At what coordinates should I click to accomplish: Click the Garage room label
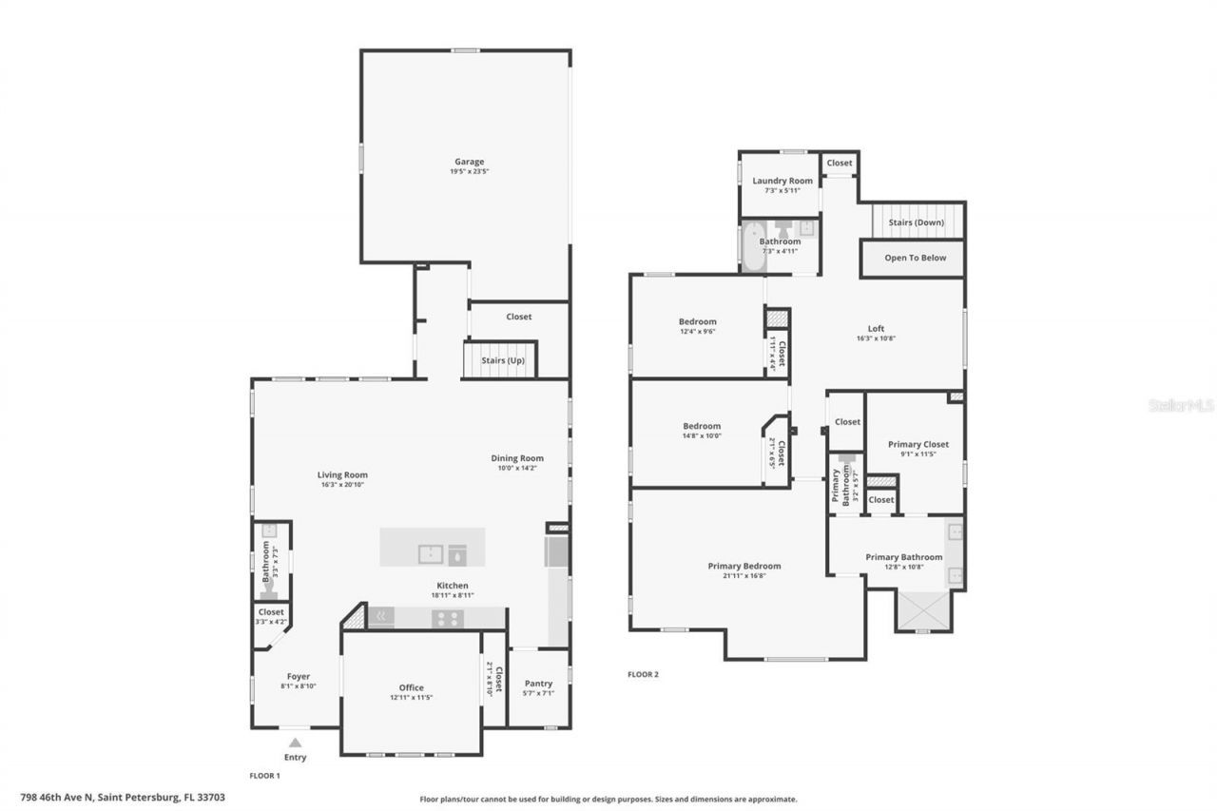[x=469, y=162]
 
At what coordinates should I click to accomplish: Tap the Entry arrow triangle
[x=296, y=743]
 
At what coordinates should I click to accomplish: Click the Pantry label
[x=538, y=684]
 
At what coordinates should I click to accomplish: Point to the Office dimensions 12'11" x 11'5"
[x=411, y=698]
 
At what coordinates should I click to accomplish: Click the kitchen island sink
[x=432, y=553]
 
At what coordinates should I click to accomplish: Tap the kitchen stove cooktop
[x=447, y=618]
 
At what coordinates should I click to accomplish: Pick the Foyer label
[x=299, y=677]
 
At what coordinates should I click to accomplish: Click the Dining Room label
[x=517, y=457]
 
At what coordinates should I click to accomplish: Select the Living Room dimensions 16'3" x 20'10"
[x=342, y=485]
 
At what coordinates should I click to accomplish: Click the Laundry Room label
[x=782, y=181]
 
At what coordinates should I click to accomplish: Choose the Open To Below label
[x=915, y=258]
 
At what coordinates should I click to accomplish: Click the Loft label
[x=876, y=329]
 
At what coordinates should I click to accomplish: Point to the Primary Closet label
[x=918, y=444]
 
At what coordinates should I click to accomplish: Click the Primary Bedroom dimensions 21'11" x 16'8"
[x=744, y=575]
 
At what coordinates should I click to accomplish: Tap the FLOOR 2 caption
[x=643, y=675]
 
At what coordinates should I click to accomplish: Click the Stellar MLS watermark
[x=1182, y=405]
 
